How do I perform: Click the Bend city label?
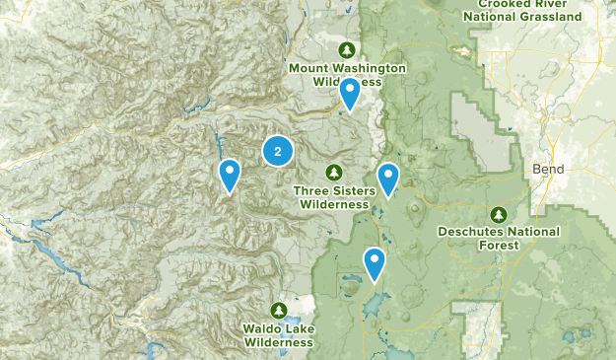point(547,169)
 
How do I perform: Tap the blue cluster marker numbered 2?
point(278,151)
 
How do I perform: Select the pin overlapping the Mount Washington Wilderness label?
point(349,95)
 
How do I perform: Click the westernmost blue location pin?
point(230,176)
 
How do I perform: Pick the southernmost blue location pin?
point(375,263)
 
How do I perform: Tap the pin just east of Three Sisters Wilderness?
point(388,180)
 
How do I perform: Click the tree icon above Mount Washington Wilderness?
point(346,49)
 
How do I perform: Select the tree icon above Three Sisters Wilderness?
point(334,172)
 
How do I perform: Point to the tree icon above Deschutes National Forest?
point(499,214)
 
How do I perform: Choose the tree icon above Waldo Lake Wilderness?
point(280,310)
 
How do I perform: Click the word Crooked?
point(493,3)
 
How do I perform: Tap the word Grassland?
point(552,16)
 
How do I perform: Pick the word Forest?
point(499,247)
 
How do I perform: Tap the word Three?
point(313,189)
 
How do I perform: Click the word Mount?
point(308,68)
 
